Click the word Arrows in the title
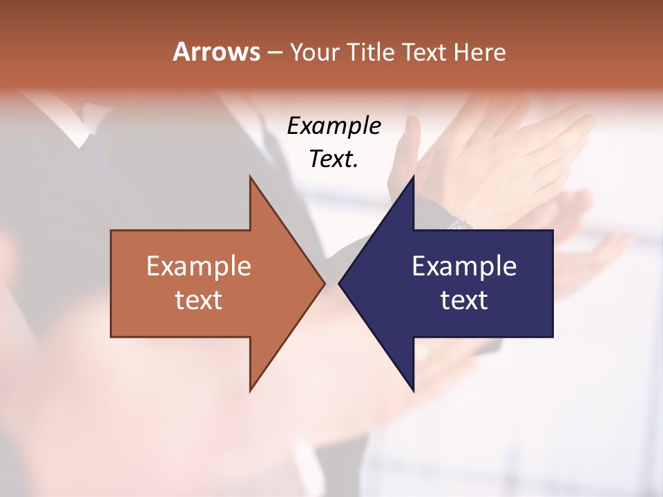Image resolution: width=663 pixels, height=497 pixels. pos(215,52)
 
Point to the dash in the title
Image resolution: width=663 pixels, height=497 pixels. pos(274,52)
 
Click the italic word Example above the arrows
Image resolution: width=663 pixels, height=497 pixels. pos(334,126)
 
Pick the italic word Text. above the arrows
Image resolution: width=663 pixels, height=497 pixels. pos(334,159)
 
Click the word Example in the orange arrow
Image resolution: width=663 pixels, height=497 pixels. pos(199,266)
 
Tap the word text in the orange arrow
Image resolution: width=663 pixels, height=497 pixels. pos(199,300)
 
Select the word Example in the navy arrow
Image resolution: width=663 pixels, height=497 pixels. pos(464,266)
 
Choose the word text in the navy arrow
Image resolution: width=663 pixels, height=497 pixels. pos(464,300)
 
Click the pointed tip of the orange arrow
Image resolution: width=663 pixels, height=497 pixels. pos(324,283)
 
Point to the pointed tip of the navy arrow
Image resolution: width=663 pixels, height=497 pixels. pos(339,283)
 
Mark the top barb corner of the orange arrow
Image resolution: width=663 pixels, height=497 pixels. pos(250,177)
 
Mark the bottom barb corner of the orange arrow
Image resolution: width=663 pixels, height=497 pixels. pos(250,391)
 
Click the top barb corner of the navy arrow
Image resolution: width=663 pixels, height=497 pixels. pos(413,177)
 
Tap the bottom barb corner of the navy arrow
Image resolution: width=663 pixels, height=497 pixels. pos(413,391)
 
